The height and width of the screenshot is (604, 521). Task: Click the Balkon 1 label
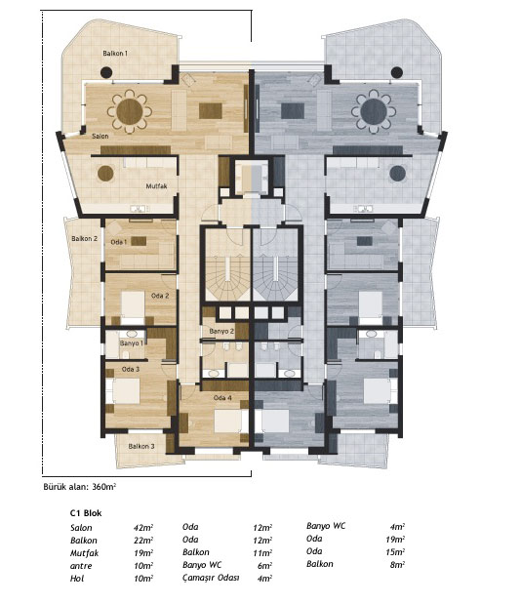click(x=115, y=53)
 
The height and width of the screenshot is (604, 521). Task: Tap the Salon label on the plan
click(x=100, y=136)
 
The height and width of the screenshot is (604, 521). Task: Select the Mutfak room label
click(x=156, y=186)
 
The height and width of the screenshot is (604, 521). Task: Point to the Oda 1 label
click(x=119, y=242)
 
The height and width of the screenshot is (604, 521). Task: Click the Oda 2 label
click(x=160, y=296)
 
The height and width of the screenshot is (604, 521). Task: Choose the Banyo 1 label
click(x=132, y=342)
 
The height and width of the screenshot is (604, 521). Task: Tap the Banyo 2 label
click(x=221, y=331)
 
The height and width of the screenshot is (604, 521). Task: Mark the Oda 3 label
click(x=131, y=369)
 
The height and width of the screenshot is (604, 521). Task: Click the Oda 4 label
click(x=222, y=397)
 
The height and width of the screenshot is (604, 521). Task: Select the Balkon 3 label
click(x=141, y=446)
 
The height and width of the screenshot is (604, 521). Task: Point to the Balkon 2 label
click(x=84, y=238)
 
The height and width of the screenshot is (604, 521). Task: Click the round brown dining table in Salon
click(x=130, y=111)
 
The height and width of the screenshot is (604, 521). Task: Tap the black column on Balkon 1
click(x=106, y=72)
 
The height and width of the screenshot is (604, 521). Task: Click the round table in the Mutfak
click(x=105, y=174)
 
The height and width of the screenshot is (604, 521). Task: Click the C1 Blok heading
click(x=86, y=513)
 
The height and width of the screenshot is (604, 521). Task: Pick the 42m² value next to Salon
click(x=143, y=527)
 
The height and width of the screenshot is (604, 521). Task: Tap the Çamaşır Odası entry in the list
click(x=211, y=578)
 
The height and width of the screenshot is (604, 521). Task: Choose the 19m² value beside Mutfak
click(x=143, y=553)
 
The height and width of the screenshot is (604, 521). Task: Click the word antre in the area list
click(x=81, y=566)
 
